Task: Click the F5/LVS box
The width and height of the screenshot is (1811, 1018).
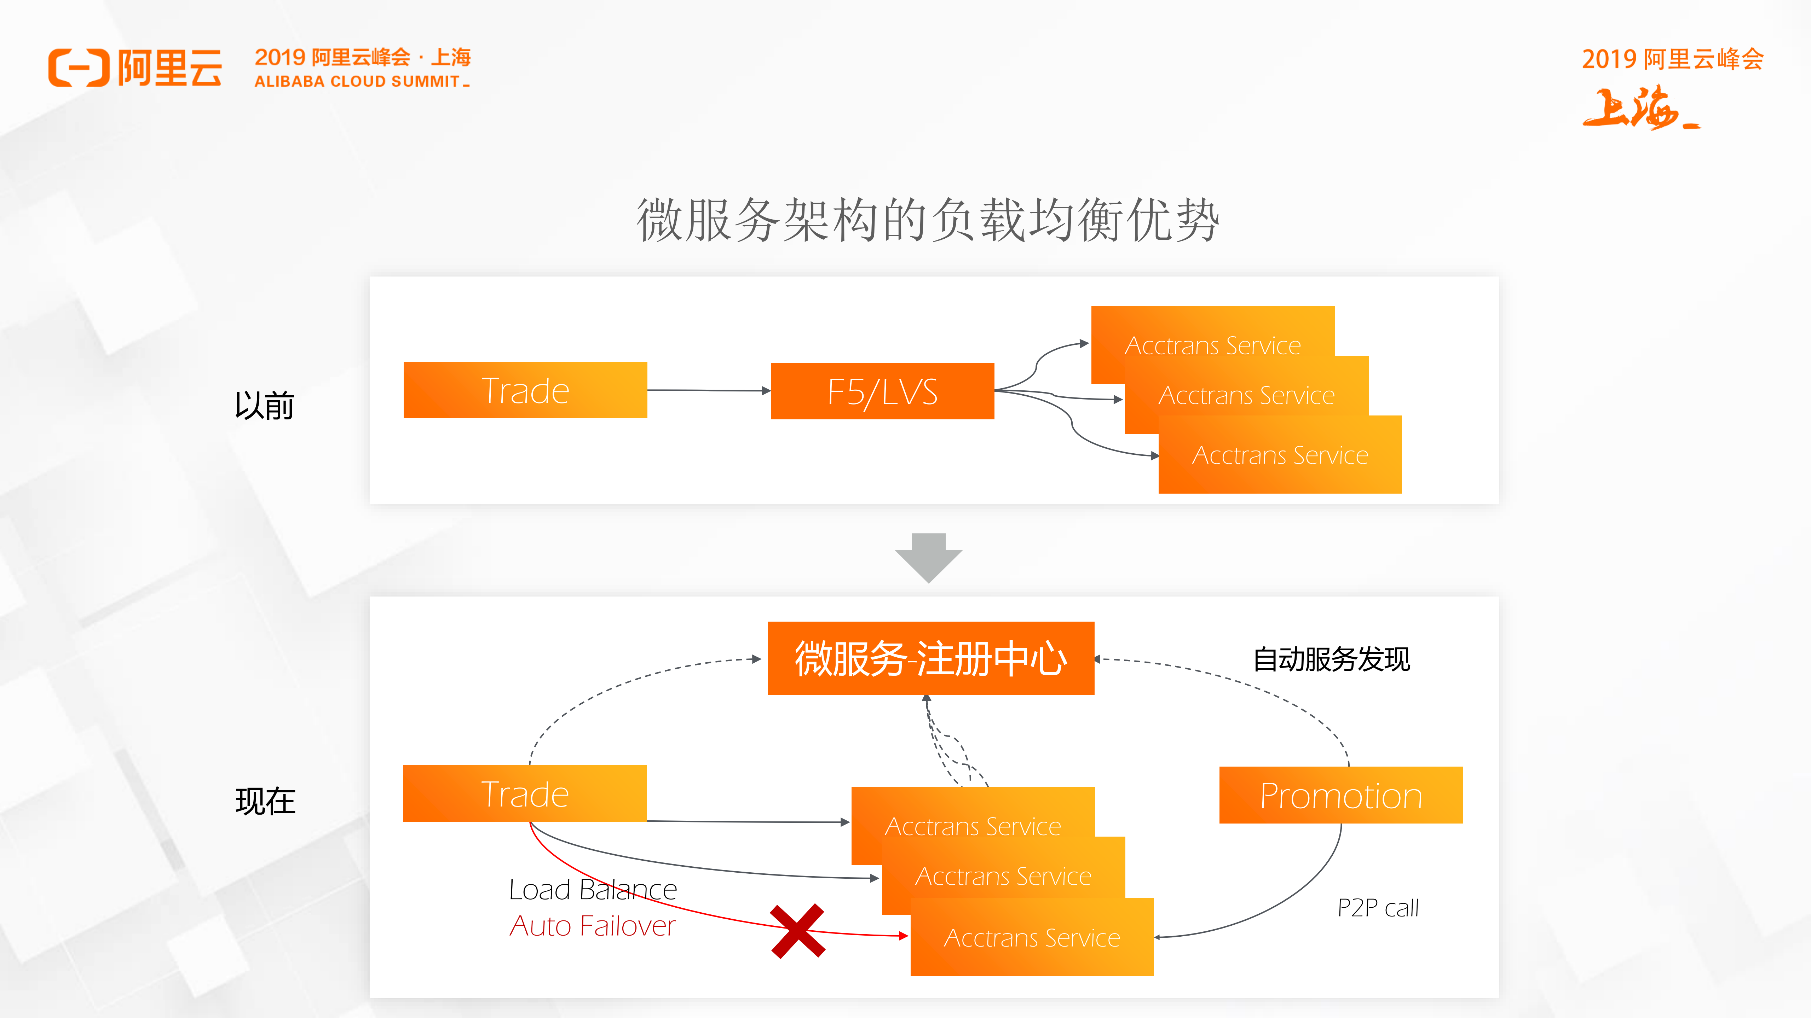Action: click(x=882, y=391)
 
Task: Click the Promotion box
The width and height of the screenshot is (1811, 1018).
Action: click(x=1341, y=795)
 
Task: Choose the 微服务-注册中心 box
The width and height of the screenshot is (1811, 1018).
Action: click(x=930, y=658)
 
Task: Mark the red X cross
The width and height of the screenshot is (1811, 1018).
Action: click(x=797, y=931)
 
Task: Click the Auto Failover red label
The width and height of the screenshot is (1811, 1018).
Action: click(x=592, y=926)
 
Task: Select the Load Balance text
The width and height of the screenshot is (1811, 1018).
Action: click(x=592, y=889)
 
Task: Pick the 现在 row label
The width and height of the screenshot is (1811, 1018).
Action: click(x=265, y=801)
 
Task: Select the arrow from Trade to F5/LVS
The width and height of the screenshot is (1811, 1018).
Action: click(x=709, y=390)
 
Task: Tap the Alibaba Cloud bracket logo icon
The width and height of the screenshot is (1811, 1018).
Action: click(x=79, y=68)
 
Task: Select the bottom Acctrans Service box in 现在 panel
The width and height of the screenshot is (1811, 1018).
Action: click(x=1031, y=938)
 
